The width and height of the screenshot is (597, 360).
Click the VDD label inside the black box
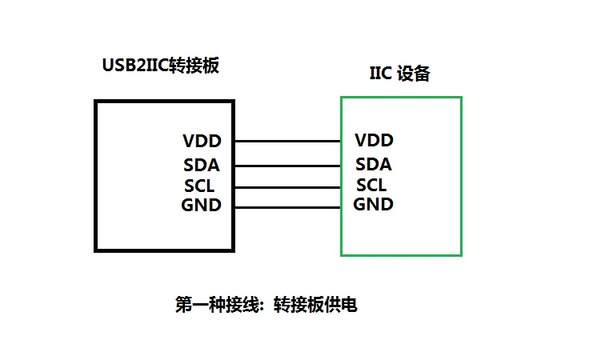(x=202, y=142)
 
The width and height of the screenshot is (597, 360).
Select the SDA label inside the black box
(x=202, y=166)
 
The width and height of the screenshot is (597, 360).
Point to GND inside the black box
(x=202, y=206)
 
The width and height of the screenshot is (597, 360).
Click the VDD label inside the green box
(x=374, y=141)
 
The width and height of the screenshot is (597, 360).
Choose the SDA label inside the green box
(x=374, y=165)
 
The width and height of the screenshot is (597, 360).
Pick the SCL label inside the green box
(x=371, y=186)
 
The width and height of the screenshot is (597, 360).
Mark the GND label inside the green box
(x=374, y=204)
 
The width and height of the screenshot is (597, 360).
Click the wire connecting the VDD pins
(x=288, y=142)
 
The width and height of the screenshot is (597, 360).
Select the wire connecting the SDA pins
(x=288, y=166)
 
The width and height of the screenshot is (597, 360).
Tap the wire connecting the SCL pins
(x=288, y=186)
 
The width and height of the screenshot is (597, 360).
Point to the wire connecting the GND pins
(x=288, y=207)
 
